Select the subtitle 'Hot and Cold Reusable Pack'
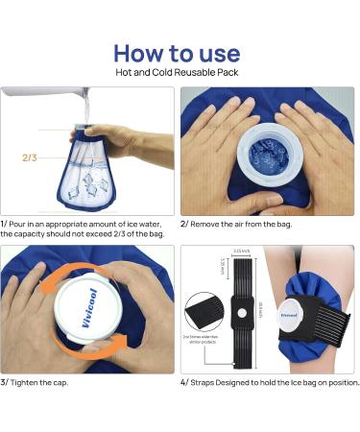point(180,74)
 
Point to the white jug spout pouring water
point(81,97)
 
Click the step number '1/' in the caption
point(6,223)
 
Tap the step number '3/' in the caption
point(6,383)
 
